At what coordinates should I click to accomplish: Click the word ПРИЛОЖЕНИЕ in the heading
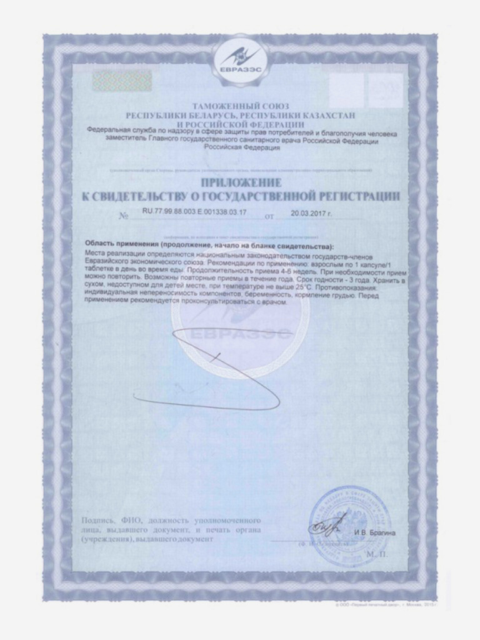240,182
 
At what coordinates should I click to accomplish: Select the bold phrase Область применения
119,244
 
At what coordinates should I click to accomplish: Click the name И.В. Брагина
375,532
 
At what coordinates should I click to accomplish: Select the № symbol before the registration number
122,216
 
